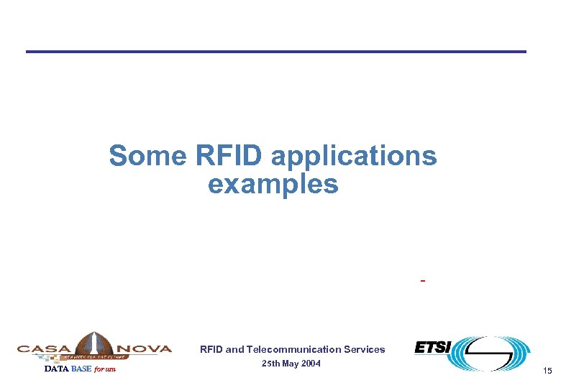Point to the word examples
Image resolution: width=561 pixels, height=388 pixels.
pyautogui.click(x=273, y=185)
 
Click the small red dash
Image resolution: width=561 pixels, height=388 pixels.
pyautogui.click(x=422, y=280)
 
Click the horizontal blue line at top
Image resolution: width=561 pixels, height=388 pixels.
pyautogui.click(x=276, y=51)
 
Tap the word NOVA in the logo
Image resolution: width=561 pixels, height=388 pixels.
pyautogui.click(x=144, y=348)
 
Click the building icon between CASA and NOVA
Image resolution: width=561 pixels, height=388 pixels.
pyautogui.click(x=93, y=344)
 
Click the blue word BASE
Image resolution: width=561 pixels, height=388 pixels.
pyautogui.click(x=81, y=369)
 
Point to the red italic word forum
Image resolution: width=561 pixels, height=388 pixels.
pyautogui.click(x=105, y=369)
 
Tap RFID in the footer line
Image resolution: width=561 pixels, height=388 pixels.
pyautogui.click(x=211, y=350)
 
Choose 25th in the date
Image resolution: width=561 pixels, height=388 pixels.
pyautogui.click(x=271, y=364)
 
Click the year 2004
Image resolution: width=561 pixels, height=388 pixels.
pyautogui.click(x=309, y=364)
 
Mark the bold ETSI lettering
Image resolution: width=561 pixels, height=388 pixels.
pyautogui.click(x=432, y=348)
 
